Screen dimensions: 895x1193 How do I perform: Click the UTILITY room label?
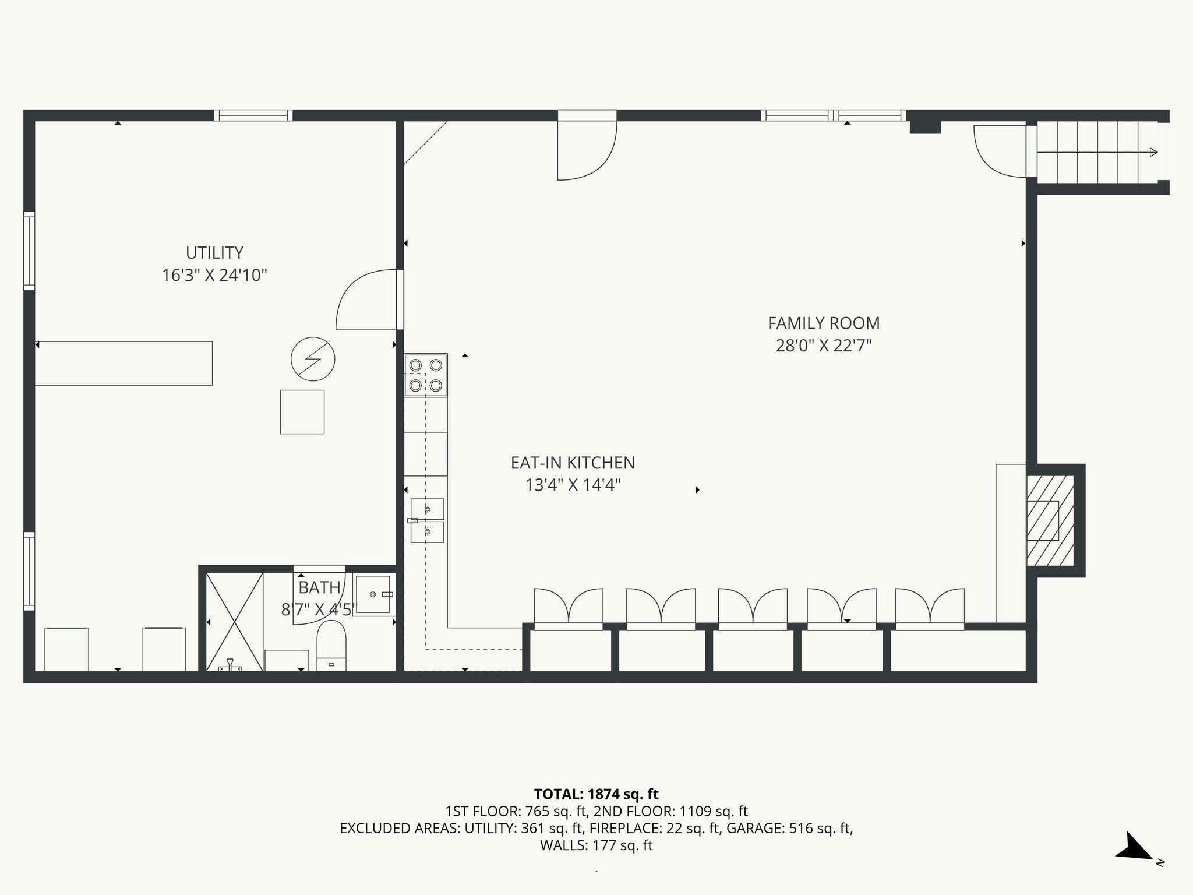(x=214, y=252)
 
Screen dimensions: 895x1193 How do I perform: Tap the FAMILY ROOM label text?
(x=823, y=323)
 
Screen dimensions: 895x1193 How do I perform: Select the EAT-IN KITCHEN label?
(x=573, y=463)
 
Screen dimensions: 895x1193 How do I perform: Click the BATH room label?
(x=319, y=587)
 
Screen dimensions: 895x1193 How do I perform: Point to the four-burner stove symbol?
(x=426, y=375)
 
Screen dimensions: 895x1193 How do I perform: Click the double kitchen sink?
(x=427, y=520)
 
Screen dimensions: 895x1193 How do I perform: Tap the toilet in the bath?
(x=331, y=646)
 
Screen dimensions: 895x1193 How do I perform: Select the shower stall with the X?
(x=234, y=621)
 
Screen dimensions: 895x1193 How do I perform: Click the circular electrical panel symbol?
(x=313, y=360)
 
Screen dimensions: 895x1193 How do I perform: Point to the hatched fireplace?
(x=1050, y=520)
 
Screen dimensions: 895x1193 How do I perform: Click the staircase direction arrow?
(x=1153, y=153)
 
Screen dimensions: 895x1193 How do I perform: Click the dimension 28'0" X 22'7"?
(x=823, y=346)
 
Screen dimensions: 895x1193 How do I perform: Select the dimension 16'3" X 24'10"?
(x=214, y=275)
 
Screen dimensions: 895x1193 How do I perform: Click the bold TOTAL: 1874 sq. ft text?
(x=596, y=794)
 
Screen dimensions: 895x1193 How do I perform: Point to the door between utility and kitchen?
(x=367, y=300)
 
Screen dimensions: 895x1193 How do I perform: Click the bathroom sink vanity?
(x=373, y=594)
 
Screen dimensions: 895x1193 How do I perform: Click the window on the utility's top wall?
(x=253, y=115)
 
